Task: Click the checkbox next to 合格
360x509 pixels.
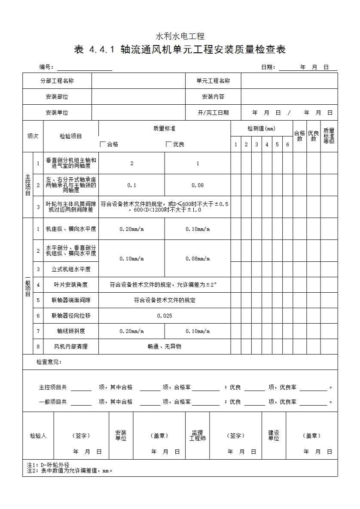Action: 103,144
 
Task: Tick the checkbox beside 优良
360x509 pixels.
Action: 169,144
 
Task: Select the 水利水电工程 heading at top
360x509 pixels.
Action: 180,36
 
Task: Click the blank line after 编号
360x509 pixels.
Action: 84,67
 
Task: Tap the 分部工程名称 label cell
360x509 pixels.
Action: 57,81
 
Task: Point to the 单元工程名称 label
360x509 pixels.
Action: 213,81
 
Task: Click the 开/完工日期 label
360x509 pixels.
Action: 213,112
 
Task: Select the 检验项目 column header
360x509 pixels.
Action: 71,136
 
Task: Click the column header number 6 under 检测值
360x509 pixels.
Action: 287,145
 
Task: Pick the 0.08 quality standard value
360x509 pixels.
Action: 198,185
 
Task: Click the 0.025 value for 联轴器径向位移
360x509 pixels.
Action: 165,315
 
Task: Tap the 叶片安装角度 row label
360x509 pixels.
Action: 71,285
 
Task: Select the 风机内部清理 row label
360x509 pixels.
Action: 71,346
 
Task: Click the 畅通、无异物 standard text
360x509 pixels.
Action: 165,346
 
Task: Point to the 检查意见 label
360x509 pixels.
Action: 49,362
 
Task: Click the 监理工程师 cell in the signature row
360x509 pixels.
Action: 198,436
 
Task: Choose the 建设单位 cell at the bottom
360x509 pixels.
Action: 274,436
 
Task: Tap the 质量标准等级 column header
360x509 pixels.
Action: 329,136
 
